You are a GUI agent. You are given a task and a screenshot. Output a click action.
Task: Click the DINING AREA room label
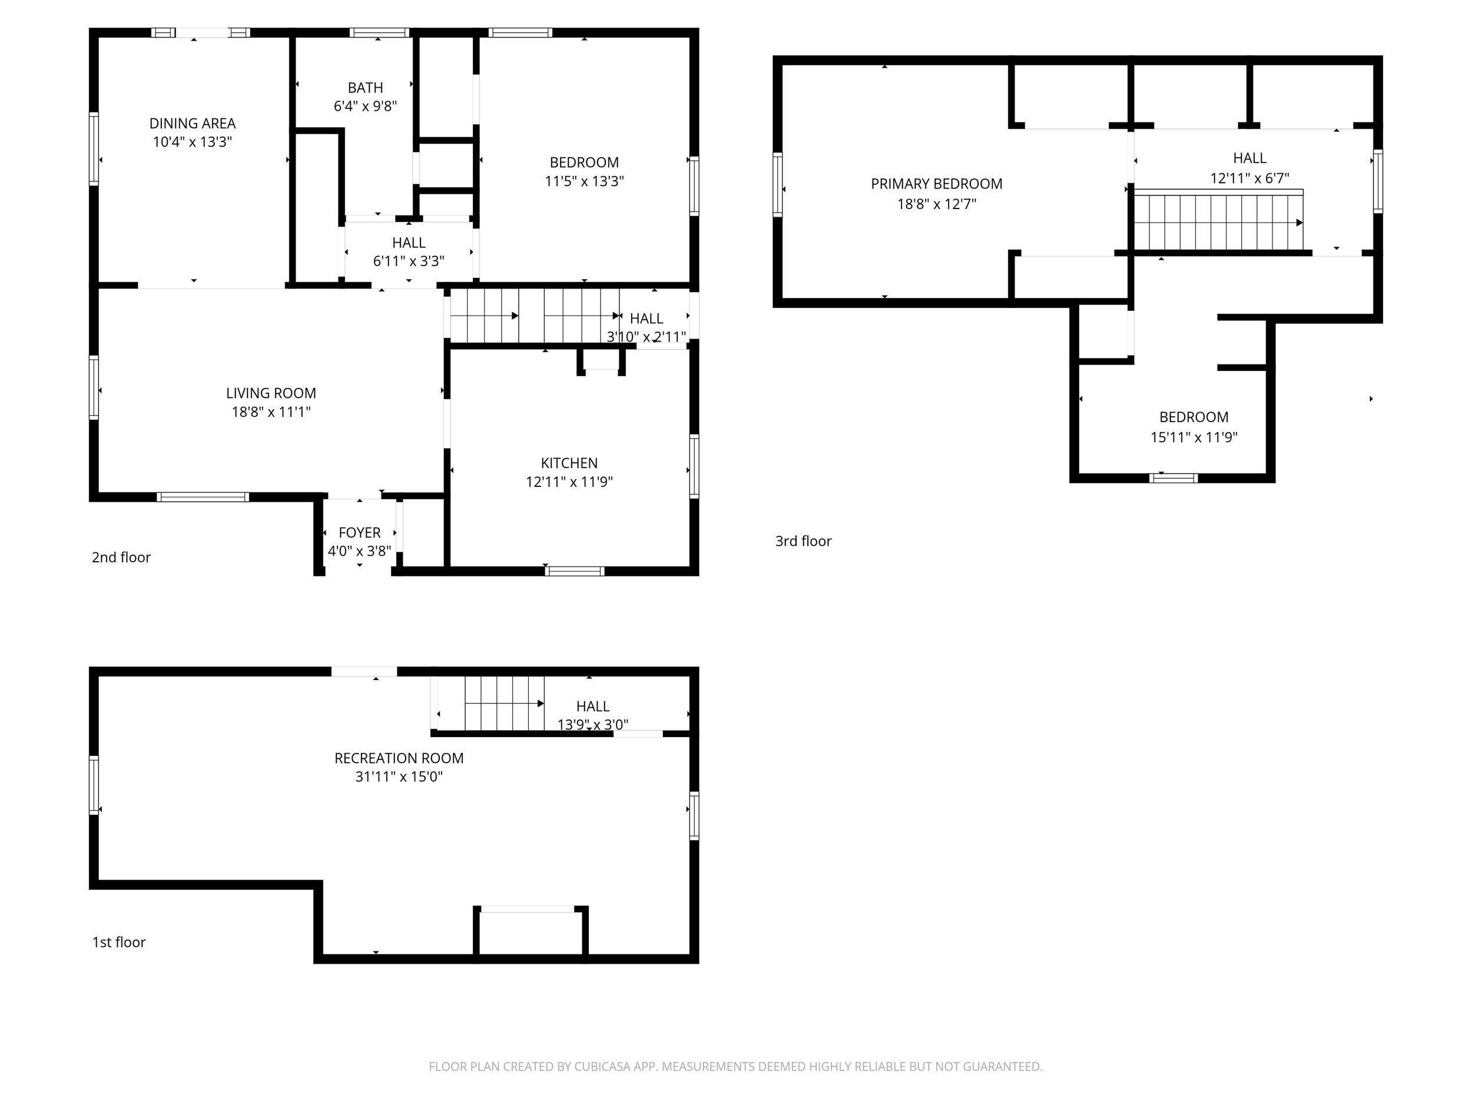coord(193,124)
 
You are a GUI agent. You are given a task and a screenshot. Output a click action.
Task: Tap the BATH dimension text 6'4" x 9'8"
coord(365,107)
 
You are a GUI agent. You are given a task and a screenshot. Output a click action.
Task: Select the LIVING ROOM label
coord(271,393)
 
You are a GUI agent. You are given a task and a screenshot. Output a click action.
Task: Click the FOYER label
coord(359,533)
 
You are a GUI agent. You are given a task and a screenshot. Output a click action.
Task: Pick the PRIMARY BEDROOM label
coord(936,184)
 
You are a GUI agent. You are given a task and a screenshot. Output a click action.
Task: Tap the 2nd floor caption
coord(121,558)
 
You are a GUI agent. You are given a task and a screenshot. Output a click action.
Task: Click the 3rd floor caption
coord(803,541)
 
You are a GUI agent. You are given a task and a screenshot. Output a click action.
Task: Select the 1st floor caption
coord(118,942)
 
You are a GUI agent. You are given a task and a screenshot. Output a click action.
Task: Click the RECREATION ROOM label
coord(399,758)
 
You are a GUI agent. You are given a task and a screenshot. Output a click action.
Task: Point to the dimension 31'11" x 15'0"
coord(399,777)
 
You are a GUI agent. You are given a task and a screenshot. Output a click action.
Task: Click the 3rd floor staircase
coord(1218,221)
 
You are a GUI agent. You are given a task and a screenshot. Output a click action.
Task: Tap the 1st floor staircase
coord(505,704)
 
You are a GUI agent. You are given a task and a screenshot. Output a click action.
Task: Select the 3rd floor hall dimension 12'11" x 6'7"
coord(1249,178)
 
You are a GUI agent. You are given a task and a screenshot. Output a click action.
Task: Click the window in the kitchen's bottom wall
coord(574,571)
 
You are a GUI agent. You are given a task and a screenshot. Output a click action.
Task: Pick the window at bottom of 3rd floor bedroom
coord(1173,478)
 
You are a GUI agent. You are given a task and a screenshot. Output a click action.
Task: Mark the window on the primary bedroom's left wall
coord(777,184)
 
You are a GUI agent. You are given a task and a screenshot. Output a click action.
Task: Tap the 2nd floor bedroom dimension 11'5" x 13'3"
coord(584,181)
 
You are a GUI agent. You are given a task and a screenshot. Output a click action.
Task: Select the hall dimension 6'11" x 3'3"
coord(409,261)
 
